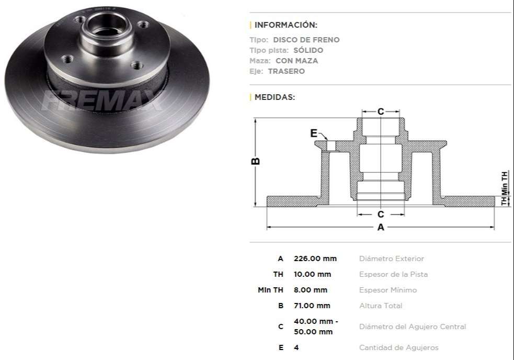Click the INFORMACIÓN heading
click(285, 25)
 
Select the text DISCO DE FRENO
click(306, 40)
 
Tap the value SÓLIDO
click(308, 50)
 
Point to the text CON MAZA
click(296, 61)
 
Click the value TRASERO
click(286, 71)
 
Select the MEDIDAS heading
click(275, 97)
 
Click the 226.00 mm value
click(315, 258)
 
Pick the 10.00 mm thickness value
click(312, 274)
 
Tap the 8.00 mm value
click(310, 290)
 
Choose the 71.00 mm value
click(312, 306)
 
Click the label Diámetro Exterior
click(391, 258)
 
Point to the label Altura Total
click(380, 306)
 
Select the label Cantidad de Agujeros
click(398, 347)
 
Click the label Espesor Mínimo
click(387, 290)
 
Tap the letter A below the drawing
click(381, 228)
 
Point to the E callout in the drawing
click(314, 133)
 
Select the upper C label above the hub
click(381, 111)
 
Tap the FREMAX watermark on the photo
click(102, 100)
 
